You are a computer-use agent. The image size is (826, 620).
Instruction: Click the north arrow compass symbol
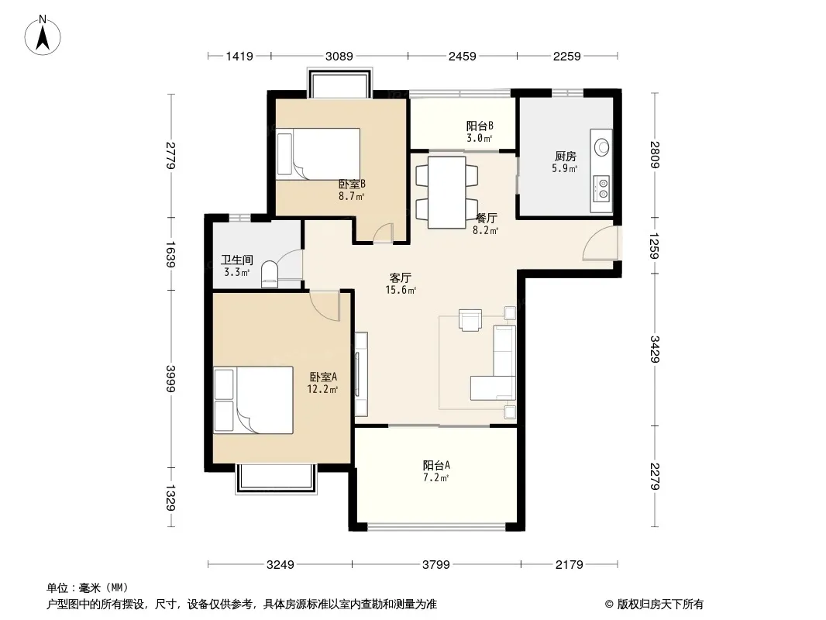(43, 36)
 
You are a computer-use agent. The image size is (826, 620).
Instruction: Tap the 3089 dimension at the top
(339, 56)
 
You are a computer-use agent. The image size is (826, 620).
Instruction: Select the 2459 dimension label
(463, 56)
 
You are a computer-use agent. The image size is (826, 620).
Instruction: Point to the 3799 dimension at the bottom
(436, 565)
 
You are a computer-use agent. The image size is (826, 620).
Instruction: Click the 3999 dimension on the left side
(170, 379)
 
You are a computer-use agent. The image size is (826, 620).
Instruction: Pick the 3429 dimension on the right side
(655, 350)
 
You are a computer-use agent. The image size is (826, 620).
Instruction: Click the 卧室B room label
(352, 184)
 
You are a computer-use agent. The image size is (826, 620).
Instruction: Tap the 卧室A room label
(323, 377)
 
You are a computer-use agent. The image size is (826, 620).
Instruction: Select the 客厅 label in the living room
(401, 277)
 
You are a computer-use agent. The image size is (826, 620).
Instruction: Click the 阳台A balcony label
(436, 466)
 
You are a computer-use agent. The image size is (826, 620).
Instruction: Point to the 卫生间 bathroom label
(236, 260)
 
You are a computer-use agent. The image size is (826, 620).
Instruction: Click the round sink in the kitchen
(601, 147)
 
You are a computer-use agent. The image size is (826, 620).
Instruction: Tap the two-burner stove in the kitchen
(601, 188)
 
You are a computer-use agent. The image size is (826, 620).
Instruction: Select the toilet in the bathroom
(270, 274)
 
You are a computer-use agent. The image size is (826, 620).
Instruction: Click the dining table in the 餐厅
(447, 192)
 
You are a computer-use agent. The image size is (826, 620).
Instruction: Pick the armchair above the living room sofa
(470, 320)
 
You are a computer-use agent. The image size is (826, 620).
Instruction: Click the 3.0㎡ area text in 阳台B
(480, 139)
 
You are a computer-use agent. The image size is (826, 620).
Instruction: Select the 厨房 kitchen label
(565, 157)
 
